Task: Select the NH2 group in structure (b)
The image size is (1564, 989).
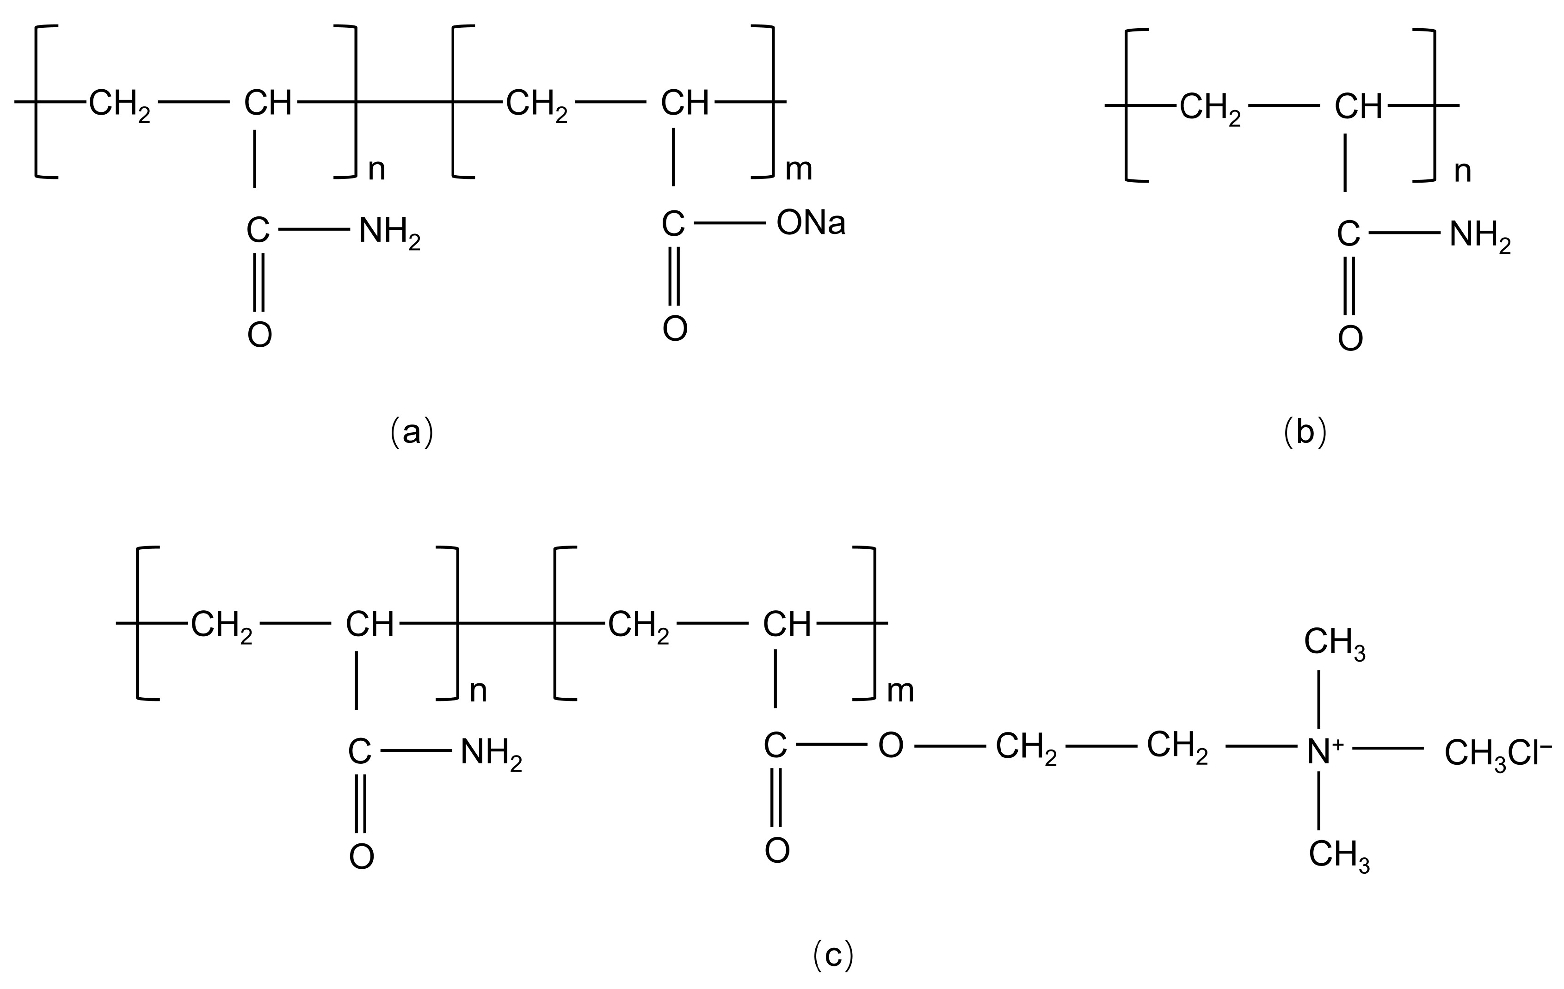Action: point(1479,235)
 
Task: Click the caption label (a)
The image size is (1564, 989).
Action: point(411,432)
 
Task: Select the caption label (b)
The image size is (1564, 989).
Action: point(1305,432)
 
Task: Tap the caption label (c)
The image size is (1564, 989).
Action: point(833,955)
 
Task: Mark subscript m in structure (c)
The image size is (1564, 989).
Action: point(900,692)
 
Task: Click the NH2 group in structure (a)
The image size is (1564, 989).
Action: point(389,232)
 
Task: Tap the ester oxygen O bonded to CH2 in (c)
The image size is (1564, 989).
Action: point(891,746)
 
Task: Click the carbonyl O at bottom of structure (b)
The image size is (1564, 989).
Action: point(1350,339)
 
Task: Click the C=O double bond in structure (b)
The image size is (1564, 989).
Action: point(1349,286)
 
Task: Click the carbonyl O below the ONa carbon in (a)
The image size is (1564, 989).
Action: point(675,329)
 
